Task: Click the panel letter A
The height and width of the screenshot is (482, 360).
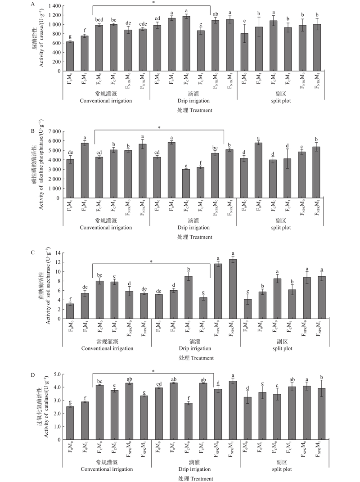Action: tap(32, 4)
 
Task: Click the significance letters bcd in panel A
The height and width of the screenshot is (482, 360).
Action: tap(99, 19)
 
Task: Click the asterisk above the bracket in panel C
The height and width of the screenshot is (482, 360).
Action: tap(152, 261)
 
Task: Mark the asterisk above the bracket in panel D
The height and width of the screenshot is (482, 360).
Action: tap(153, 371)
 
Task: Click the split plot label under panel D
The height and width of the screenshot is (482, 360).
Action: tap(283, 469)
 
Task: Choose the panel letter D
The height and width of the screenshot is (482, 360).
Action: tap(32, 372)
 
